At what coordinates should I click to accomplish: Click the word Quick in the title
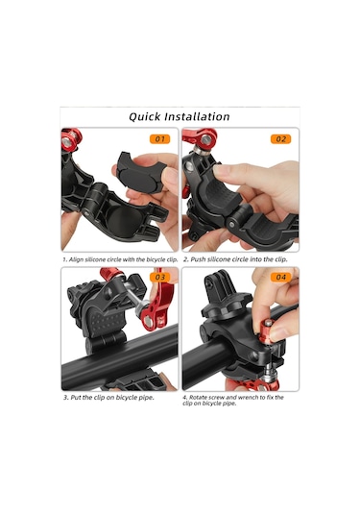click(x=149, y=116)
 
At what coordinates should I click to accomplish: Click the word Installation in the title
click(x=201, y=116)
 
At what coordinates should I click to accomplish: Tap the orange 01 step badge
click(x=158, y=138)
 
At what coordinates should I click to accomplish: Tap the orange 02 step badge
click(x=280, y=138)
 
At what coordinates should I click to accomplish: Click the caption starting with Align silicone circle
click(x=120, y=259)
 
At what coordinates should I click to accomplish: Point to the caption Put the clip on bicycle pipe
click(x=108, y=397)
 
